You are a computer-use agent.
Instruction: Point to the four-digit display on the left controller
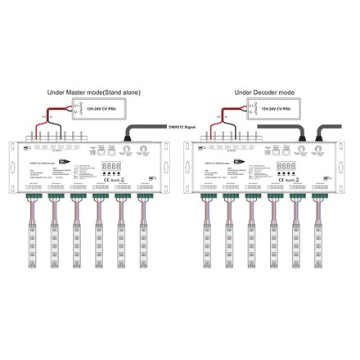click(x=110, y=166)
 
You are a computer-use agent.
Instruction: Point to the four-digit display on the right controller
click(x=285, y=166)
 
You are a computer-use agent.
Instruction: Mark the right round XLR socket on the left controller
click(x=144, y=150)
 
